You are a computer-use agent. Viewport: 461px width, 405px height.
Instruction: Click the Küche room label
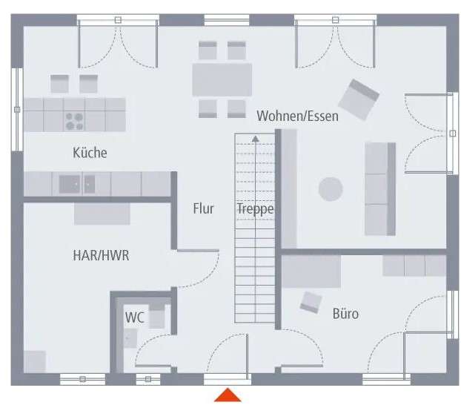coord(90,153)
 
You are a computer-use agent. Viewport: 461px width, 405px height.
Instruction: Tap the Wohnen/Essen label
coord(297,116)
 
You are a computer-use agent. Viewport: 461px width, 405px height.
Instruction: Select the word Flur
coord(203,208)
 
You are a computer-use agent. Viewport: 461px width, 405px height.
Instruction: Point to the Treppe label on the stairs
coord(255,208)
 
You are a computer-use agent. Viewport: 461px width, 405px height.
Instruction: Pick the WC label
coord(134,317)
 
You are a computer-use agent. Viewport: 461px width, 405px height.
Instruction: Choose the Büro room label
coord(345,314)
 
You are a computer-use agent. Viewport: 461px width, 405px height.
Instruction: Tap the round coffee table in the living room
coord(331,188)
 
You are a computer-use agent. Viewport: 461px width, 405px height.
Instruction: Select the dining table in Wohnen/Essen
coord(222,79)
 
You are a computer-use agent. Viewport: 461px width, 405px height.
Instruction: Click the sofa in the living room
coord(379,188)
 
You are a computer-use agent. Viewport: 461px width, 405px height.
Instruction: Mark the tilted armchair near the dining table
coord(359,99)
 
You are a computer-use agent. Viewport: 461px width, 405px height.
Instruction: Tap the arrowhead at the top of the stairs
coord(255,138)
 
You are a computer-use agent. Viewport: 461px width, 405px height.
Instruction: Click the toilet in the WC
coord(156,314)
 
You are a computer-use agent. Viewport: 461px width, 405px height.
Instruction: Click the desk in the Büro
coord(311,271)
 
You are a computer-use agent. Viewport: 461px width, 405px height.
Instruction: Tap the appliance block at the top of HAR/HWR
coord(102,213)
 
